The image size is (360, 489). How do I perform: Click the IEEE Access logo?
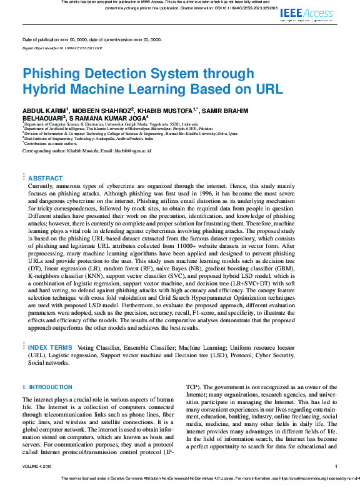click(x=306, y=12)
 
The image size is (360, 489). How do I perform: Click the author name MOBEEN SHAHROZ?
click(x=102, y=111)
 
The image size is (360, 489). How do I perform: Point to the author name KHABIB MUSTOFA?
click(x=166, y=111)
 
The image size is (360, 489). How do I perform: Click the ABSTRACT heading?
click(x=46, y=178)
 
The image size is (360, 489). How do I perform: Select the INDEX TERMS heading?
click(x=51, y=347)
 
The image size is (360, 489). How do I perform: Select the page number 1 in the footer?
click(x=336, y=466)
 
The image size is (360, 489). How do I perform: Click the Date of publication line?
click(x=92, y=39)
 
